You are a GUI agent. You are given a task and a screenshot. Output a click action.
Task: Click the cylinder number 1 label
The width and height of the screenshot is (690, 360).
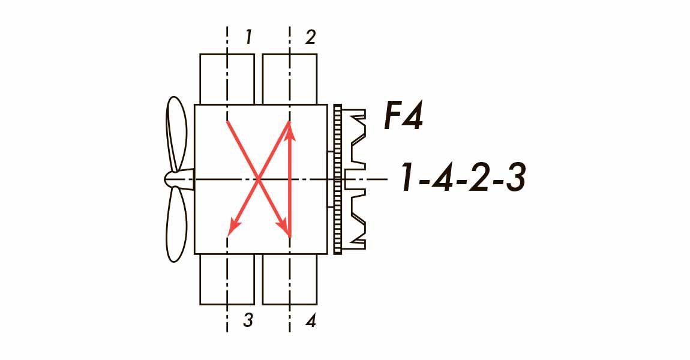tap(248, 38)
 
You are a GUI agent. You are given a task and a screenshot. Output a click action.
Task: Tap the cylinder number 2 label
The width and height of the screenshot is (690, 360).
tap(310, 38)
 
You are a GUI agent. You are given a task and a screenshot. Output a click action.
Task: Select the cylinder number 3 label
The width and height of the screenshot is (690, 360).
tap(248, 321)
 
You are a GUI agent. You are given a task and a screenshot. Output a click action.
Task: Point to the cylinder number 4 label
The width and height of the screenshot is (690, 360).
tap(311, 321)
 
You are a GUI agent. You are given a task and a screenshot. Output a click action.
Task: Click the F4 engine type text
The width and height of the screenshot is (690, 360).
tap(404, 116)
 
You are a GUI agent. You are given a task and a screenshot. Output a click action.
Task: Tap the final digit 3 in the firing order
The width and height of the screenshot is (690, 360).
tap(514, 178)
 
